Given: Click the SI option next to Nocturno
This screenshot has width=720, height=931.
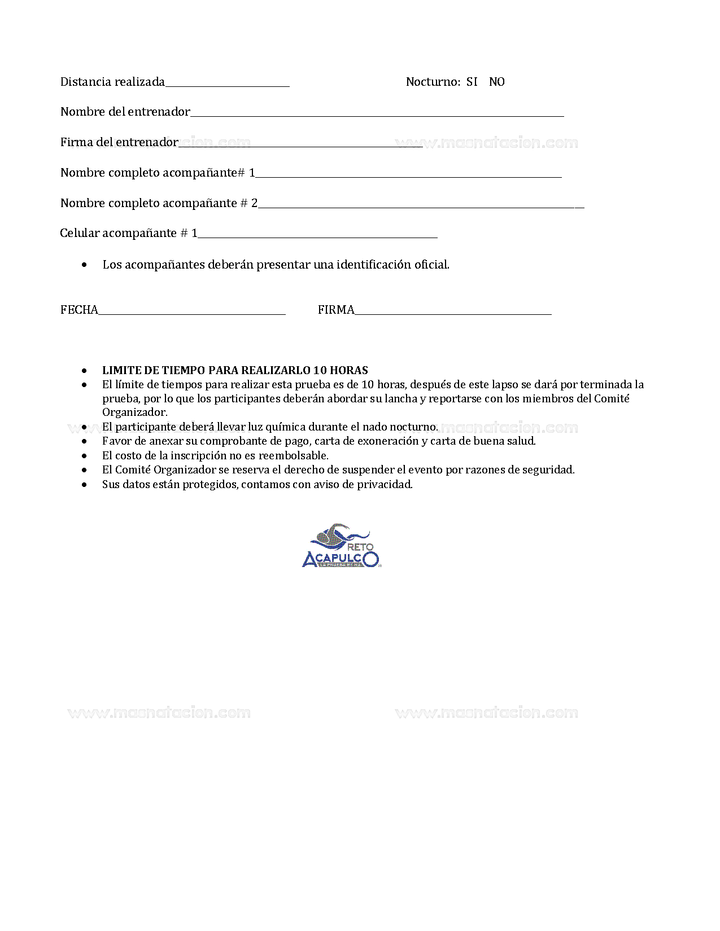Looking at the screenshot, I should pos(472,82).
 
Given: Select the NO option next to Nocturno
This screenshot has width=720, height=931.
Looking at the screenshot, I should pos(496,82).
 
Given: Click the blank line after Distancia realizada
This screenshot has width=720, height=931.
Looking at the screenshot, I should pos(227,85).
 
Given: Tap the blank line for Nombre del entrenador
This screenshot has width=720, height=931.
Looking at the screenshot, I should pos(377,115).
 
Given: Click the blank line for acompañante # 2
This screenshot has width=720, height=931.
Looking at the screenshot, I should pos(421,206).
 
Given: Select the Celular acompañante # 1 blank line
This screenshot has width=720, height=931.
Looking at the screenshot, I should pos(317,236).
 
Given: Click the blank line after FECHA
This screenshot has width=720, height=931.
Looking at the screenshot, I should pos(192,313).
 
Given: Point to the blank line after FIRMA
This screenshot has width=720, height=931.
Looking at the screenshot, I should pos(453,313).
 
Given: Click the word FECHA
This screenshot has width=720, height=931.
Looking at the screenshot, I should pos(79,310).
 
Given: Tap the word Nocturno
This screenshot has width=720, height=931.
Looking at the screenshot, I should pos(433,82).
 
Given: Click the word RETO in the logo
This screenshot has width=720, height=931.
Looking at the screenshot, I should pos(360,547).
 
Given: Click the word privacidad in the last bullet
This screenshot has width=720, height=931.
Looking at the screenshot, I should pos(385,484).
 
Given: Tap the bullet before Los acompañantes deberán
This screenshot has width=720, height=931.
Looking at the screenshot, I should pos(85,265).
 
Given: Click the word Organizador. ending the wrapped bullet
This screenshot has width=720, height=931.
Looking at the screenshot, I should pos(134,412).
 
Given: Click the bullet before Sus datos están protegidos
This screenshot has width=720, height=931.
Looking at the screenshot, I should pos(85,485).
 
